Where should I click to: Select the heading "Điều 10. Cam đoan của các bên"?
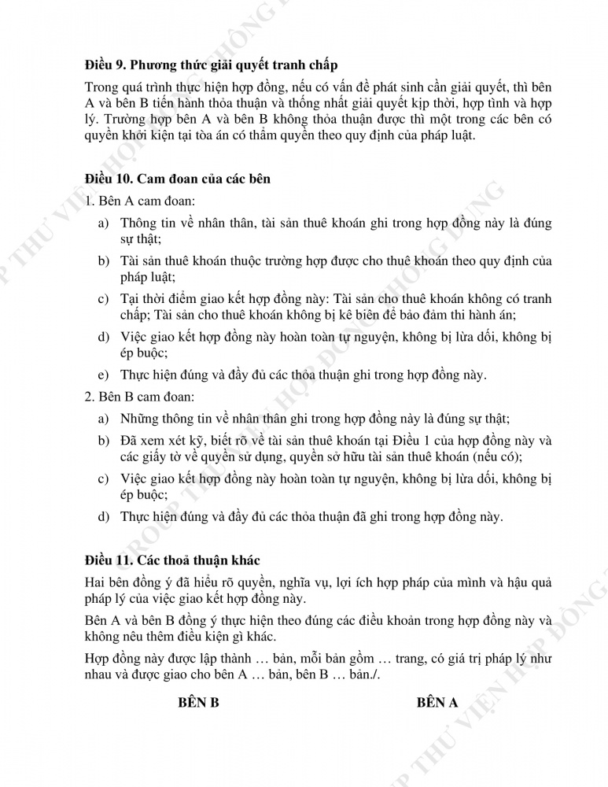[178, 179]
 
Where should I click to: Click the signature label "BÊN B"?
[199, 703]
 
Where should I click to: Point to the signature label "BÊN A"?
[437, 703]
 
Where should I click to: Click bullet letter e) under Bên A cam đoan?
[103, 375]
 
